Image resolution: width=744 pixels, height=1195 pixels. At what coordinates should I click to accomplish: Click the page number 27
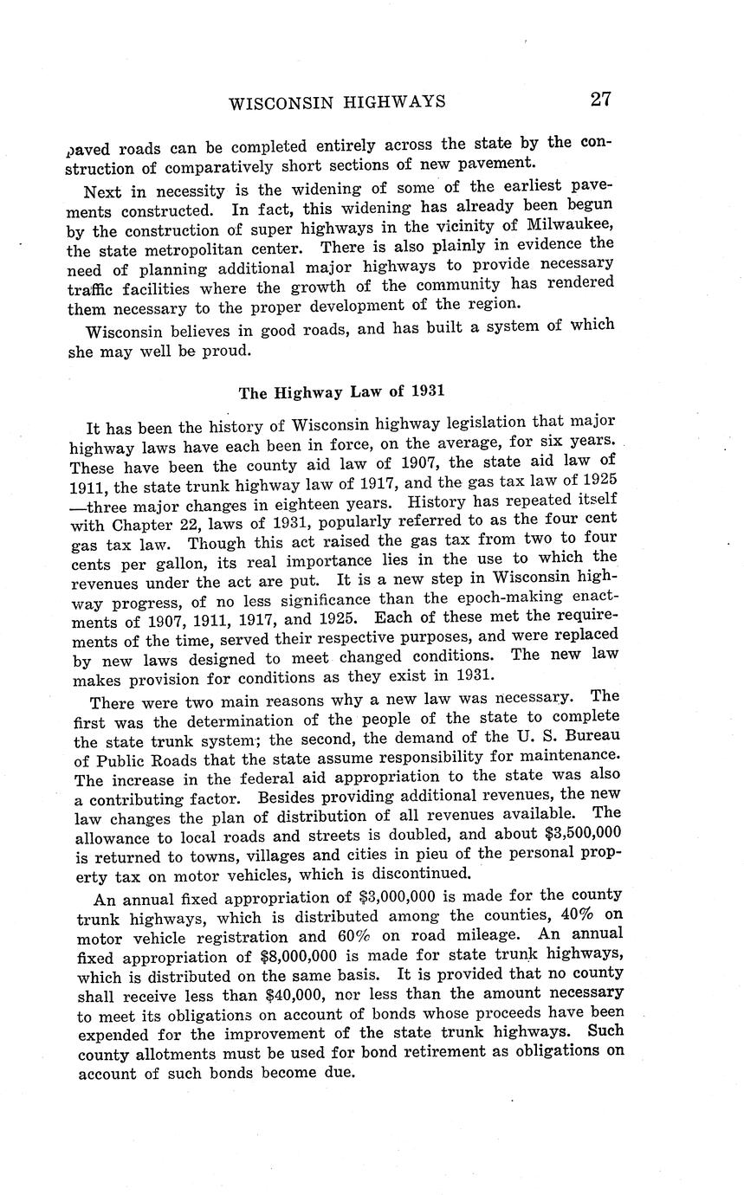[x=600, y=99]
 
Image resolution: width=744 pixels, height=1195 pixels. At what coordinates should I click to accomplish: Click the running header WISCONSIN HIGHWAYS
[x=338, y=102]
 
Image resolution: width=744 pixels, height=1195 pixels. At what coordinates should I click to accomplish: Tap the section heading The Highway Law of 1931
[x=341, y=391]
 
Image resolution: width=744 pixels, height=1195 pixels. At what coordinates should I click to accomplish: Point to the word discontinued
[x=420, y=873]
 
